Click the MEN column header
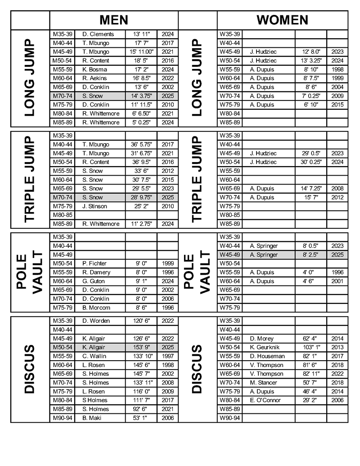[114, 20]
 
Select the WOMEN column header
[282, 20]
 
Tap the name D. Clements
[98, 34]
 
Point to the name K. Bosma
[94, 69]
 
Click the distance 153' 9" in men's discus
[141, 348]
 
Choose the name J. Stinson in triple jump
[95, 206]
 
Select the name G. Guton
[94, 281]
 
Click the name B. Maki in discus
[92, 418]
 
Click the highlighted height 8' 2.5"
[310, 255]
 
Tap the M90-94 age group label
[62, 418]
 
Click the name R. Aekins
[94, 78]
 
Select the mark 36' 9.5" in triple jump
[141, 162]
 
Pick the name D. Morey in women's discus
[262, 339]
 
